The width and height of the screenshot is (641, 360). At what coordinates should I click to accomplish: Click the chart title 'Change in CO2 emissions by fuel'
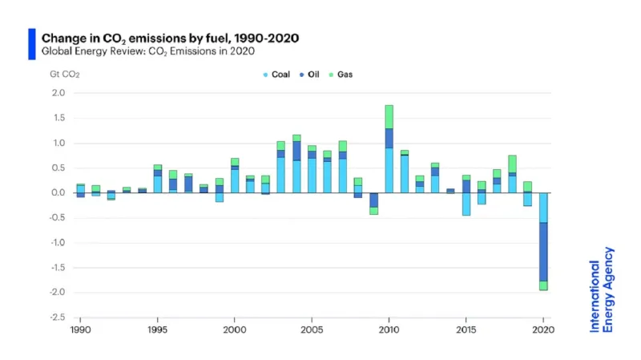coord(170,38)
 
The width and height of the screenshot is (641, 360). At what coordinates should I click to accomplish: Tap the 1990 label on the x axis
coord(80,330)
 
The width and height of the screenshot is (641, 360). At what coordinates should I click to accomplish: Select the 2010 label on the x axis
coord(389,330)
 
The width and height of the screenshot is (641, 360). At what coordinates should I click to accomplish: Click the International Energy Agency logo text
coord(602,289)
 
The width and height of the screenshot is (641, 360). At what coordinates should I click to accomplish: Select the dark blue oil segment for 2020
coord(544,251)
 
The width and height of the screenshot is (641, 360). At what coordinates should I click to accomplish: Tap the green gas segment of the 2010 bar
coord(389,116)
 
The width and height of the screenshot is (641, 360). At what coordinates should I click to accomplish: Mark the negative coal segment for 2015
coord(466,204)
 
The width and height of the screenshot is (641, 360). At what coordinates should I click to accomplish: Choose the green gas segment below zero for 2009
coord(374,211)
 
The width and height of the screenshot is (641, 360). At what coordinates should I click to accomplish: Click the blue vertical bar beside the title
coord(32,44)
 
